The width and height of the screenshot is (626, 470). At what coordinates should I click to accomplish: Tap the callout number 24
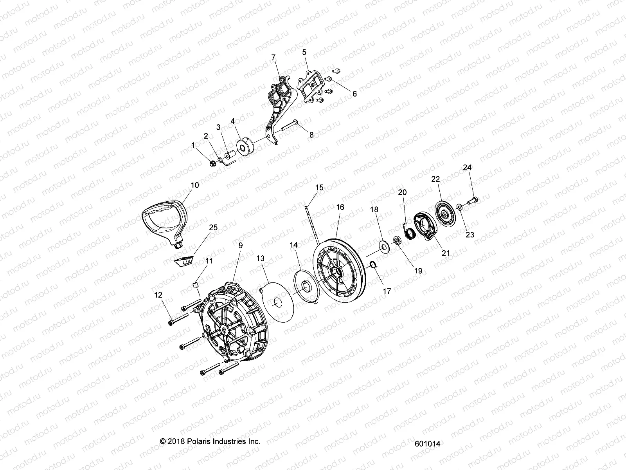pos(467,168)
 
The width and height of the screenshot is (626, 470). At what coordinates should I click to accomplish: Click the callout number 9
pos(241,246)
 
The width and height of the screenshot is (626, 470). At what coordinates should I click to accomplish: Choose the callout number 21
pos(446,253)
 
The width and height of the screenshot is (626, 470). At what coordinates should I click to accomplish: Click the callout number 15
pos(320,188)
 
